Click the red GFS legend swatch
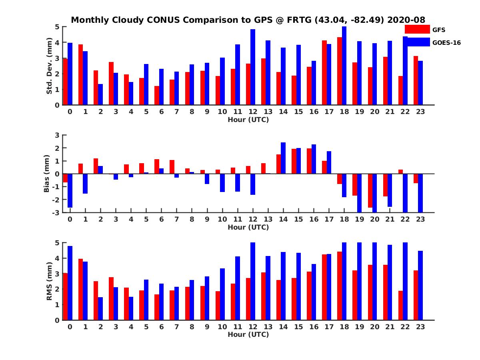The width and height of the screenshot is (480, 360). [x=417, y=29]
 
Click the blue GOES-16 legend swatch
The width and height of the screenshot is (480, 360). [x=417, y=42]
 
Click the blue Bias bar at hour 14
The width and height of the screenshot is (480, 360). [x=283, y=158]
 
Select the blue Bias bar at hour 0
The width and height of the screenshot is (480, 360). [x=70, y=190]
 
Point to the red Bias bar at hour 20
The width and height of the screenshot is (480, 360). [x=370, y=190]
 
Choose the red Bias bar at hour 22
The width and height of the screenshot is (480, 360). [x=401, y=172]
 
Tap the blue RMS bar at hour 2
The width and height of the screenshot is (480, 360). [x=100, y=308]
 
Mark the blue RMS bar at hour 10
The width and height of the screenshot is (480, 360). [x=222, y=294]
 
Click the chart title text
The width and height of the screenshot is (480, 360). [x=248, y=20]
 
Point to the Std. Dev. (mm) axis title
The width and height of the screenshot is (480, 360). [x=50, y=66]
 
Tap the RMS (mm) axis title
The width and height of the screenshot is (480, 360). [x=50, y=281]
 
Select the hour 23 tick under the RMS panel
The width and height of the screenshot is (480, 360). [x=420, y=326]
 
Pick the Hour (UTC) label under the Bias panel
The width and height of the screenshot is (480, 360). [x=248, y=227]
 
